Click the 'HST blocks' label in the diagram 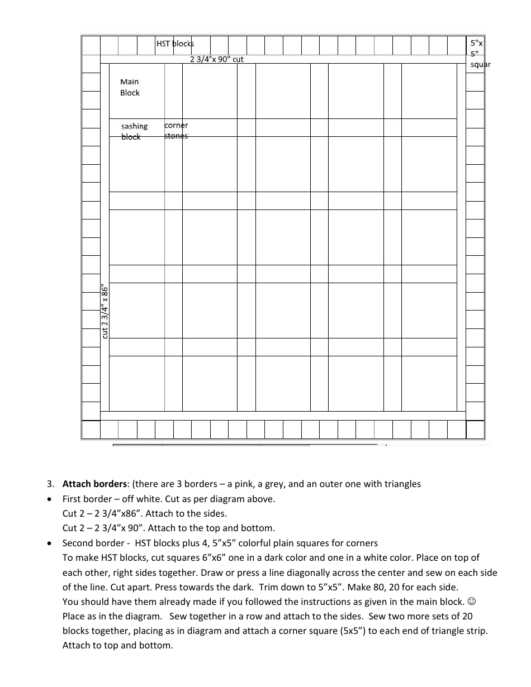click(x=175, y=44)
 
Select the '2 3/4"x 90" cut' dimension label click(x=217, y=59)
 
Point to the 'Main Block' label click(x=130, y=87)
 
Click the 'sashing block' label click(x=134, y=131)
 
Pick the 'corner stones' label click(x=176, y=131)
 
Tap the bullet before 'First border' click(x=51, y=499)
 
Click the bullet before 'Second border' click(x=51, y=543)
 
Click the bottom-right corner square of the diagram click(x=475, y=430)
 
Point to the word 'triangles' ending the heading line click(x=402, y=484)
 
